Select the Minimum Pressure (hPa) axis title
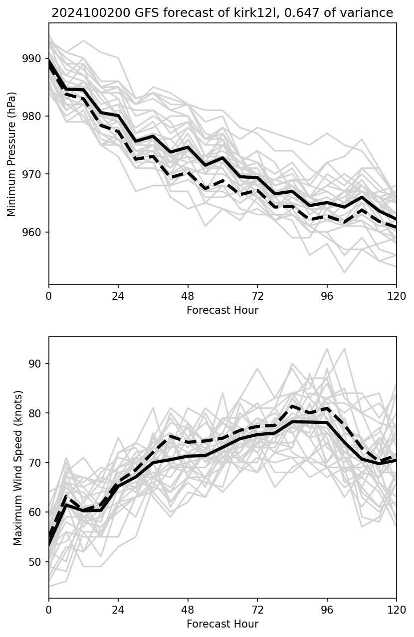click(x=12, y=154)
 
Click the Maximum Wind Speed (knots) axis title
click(x=18, y=467)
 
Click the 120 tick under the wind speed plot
click(x=397, y=609)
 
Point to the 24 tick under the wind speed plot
click(x=118, y=609)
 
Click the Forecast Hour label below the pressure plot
click(x=222, y=310)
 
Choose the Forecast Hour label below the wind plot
click(x=222, y=624)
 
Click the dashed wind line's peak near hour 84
click(x=292, y=406)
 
